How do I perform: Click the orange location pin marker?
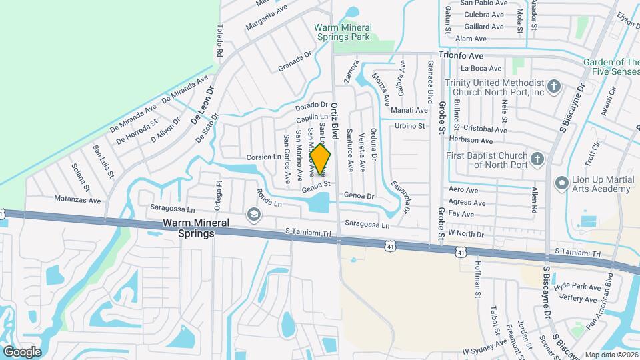point(321,160)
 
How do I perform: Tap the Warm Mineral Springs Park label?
point(343,32)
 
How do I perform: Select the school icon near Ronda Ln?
point(253,214)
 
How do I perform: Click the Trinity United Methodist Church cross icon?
point(553,87)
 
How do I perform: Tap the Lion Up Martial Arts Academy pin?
point(561,182)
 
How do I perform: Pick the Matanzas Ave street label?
point(77,199)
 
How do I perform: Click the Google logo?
point(22,352)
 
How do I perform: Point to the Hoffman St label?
point(478,276)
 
